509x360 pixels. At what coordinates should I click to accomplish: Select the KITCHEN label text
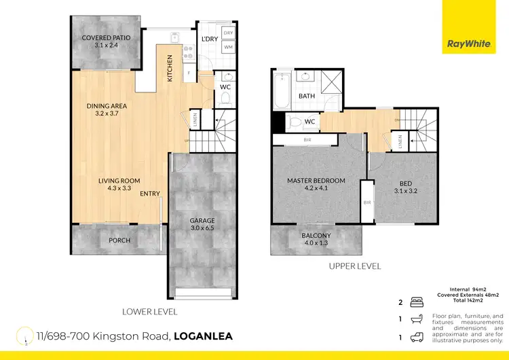tap(170, 69)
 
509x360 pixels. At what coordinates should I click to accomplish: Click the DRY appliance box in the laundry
tap(228, 33)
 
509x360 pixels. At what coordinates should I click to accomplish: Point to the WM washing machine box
tap(228, 47)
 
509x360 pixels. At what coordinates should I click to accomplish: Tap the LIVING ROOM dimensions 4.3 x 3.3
tap(115, 189)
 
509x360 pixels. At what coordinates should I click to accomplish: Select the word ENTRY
tap(150, 194)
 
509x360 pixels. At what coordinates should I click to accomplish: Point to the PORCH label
tap(119, 240)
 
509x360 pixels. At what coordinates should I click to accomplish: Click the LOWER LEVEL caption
tap(150, 312)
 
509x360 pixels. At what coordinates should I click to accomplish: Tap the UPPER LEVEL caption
tap(354, 267)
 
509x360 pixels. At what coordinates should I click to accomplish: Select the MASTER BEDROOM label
tap(316, 181)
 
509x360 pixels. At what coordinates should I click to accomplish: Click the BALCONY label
tap(317, 236)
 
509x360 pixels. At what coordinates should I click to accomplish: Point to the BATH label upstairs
tap(307, 96)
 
